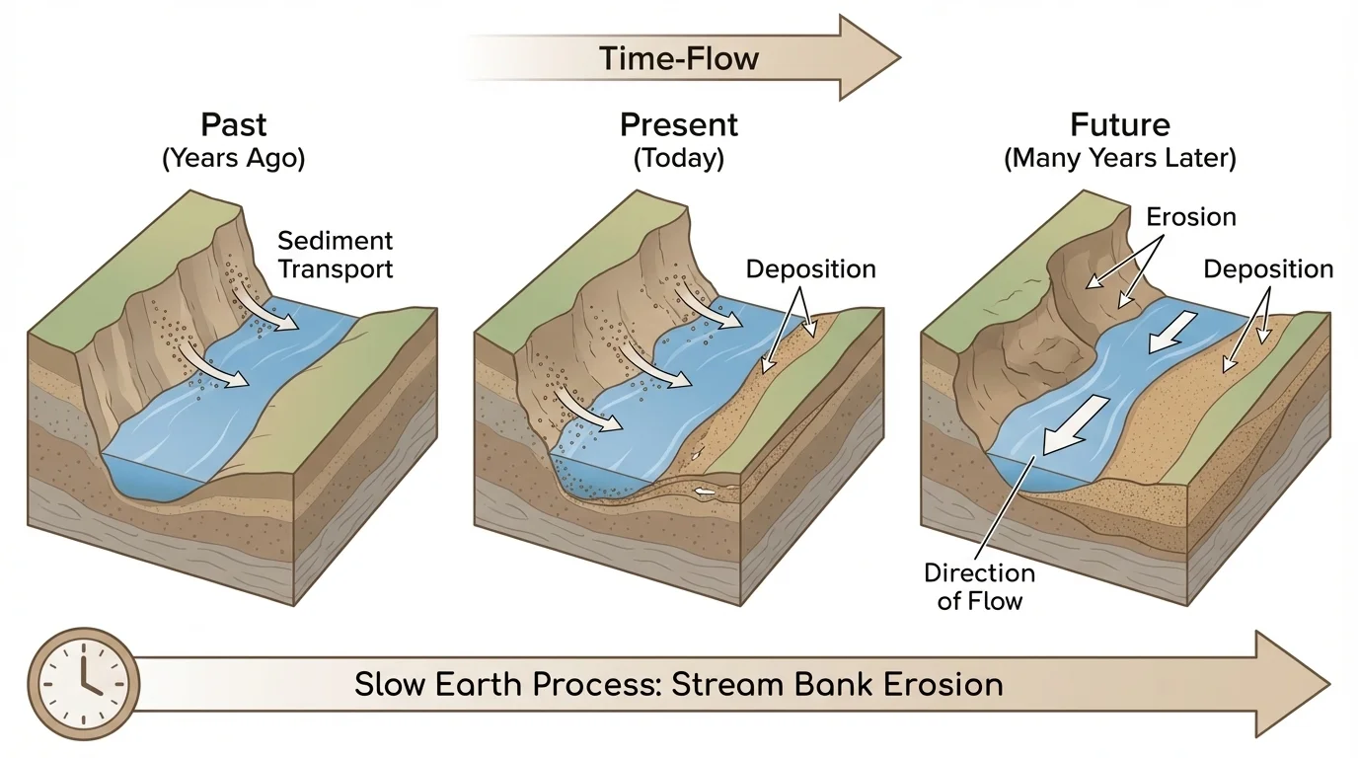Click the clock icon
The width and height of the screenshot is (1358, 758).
coord(84,684)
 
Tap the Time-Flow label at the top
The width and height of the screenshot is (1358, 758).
coord(678,57)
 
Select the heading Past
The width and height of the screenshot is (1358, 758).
coord(233,125)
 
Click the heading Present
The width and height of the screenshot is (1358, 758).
coord(678,125)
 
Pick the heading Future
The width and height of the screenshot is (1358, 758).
coord(1119,125)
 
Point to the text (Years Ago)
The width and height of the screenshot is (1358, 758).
coord(233,159)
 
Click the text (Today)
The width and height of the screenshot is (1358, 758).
coord(678,159)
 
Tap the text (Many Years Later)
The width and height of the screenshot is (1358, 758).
coord(1119,159)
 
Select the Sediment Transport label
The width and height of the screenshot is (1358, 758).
coord(335,255)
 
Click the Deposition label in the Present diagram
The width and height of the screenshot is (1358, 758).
coord(810,269)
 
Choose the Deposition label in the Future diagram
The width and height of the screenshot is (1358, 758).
coord(1267,269)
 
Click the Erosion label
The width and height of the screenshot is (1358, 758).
coord(1191,217)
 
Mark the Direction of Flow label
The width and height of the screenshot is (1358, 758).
coord(979,586)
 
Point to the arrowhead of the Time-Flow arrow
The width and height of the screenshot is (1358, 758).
coord(868,57)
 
